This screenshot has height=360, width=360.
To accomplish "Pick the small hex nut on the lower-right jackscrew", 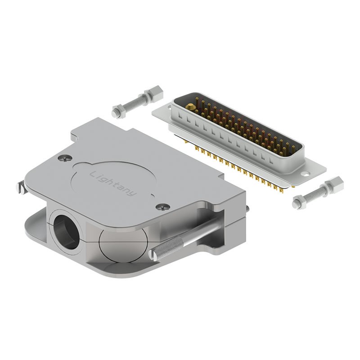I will tap(299, 202).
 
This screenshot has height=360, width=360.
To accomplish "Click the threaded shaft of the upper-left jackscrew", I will tap(134, 103).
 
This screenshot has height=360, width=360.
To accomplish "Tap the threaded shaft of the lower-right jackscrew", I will tap(316, 194).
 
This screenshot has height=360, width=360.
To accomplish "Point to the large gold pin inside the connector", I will tap(191, 107).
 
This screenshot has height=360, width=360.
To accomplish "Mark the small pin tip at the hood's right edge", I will tap(247, 208).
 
